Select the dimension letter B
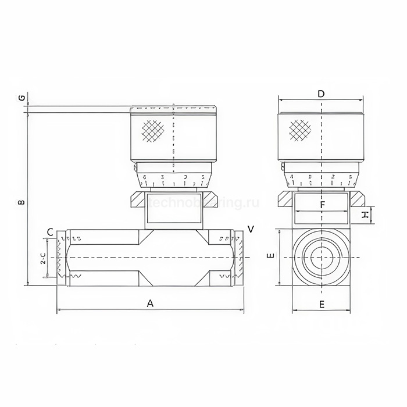click(21, 203)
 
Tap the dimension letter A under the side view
click(150, 303)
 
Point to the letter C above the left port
click(50, 232)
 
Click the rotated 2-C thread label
click(43, 259)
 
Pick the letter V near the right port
click(250, 229)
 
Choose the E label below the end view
click(322, 304)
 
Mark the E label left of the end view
click(269, 256)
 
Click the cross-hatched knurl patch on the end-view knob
click(300, 130)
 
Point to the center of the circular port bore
click(322, 257)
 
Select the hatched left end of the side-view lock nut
click(137, 199)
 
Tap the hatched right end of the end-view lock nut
click(358, 199)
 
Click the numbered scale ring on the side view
click(173, 178)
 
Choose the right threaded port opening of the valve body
click(238, 258)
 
